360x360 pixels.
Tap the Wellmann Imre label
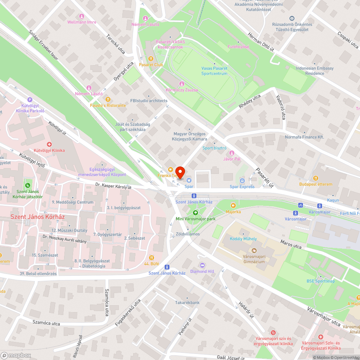point(82,22)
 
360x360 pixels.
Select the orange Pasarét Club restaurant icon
point(151,58)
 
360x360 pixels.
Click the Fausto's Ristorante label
point(108,105)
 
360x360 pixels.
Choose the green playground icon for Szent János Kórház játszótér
point(27,185)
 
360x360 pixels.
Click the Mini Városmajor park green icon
point(195,212)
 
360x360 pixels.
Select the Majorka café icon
point(233,205)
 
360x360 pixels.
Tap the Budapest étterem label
point(316,184)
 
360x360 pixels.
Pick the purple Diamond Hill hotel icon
point(202,265)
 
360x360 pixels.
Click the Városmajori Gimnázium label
point(253,259)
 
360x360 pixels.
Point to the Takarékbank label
point(187,303)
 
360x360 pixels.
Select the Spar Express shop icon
point(242,180)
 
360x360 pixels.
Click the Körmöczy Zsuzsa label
point(181,90)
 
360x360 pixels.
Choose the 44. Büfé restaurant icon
point(152,257)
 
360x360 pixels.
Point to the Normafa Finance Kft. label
point(304,137)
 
